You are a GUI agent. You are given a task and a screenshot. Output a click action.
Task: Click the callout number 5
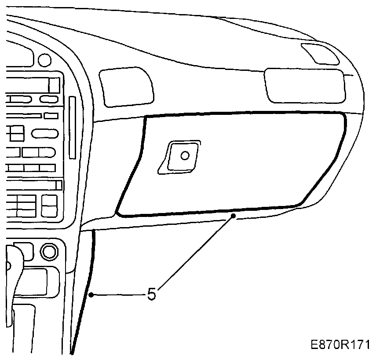(x=151, y=294)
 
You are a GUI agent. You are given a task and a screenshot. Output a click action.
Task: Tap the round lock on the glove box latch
(x=185, y=155)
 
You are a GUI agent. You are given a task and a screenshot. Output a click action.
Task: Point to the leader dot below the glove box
(x=234, y=216)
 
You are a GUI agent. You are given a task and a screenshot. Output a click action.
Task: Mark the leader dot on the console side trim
(x=91, y=295)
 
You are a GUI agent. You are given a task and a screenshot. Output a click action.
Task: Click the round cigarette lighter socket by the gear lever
(x=48, y=252)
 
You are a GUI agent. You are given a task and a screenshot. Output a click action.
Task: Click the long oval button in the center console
(x=44, y=133)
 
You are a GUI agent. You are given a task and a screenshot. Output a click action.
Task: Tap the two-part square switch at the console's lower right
(x=49, y=206)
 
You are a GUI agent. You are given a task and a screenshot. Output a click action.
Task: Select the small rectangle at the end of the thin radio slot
(x=51, y=116)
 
